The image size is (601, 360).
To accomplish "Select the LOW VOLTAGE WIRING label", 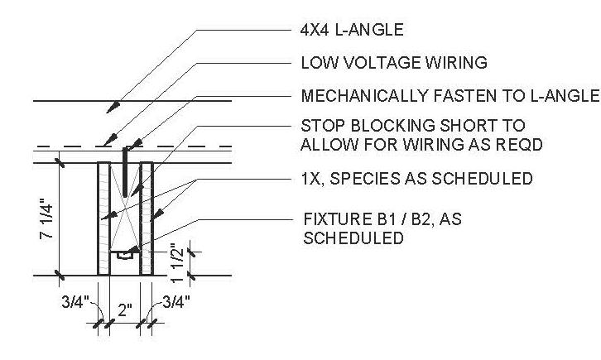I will (x=393, y=63).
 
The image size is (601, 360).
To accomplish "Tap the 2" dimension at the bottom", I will (x=123, y=312).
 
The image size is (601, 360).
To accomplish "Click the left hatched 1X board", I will (x=103, y=218).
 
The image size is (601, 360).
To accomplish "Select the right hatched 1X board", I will (x=147, y=218).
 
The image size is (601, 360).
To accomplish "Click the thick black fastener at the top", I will (x=125, y=166).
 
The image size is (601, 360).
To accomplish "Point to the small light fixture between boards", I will (x=126, y=255).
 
